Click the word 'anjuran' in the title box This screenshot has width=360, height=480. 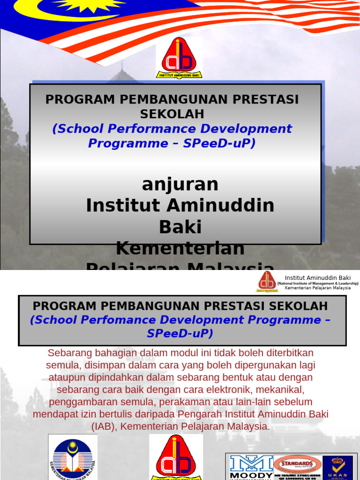point(180,184)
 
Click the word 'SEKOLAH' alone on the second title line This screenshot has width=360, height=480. point(172,113)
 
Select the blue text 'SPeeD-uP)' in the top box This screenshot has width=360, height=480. point(220,143)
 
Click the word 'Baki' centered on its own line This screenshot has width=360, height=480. point(180,227)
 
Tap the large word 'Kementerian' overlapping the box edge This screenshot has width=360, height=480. point(180,248)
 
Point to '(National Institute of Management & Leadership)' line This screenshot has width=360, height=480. point(317,284)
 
